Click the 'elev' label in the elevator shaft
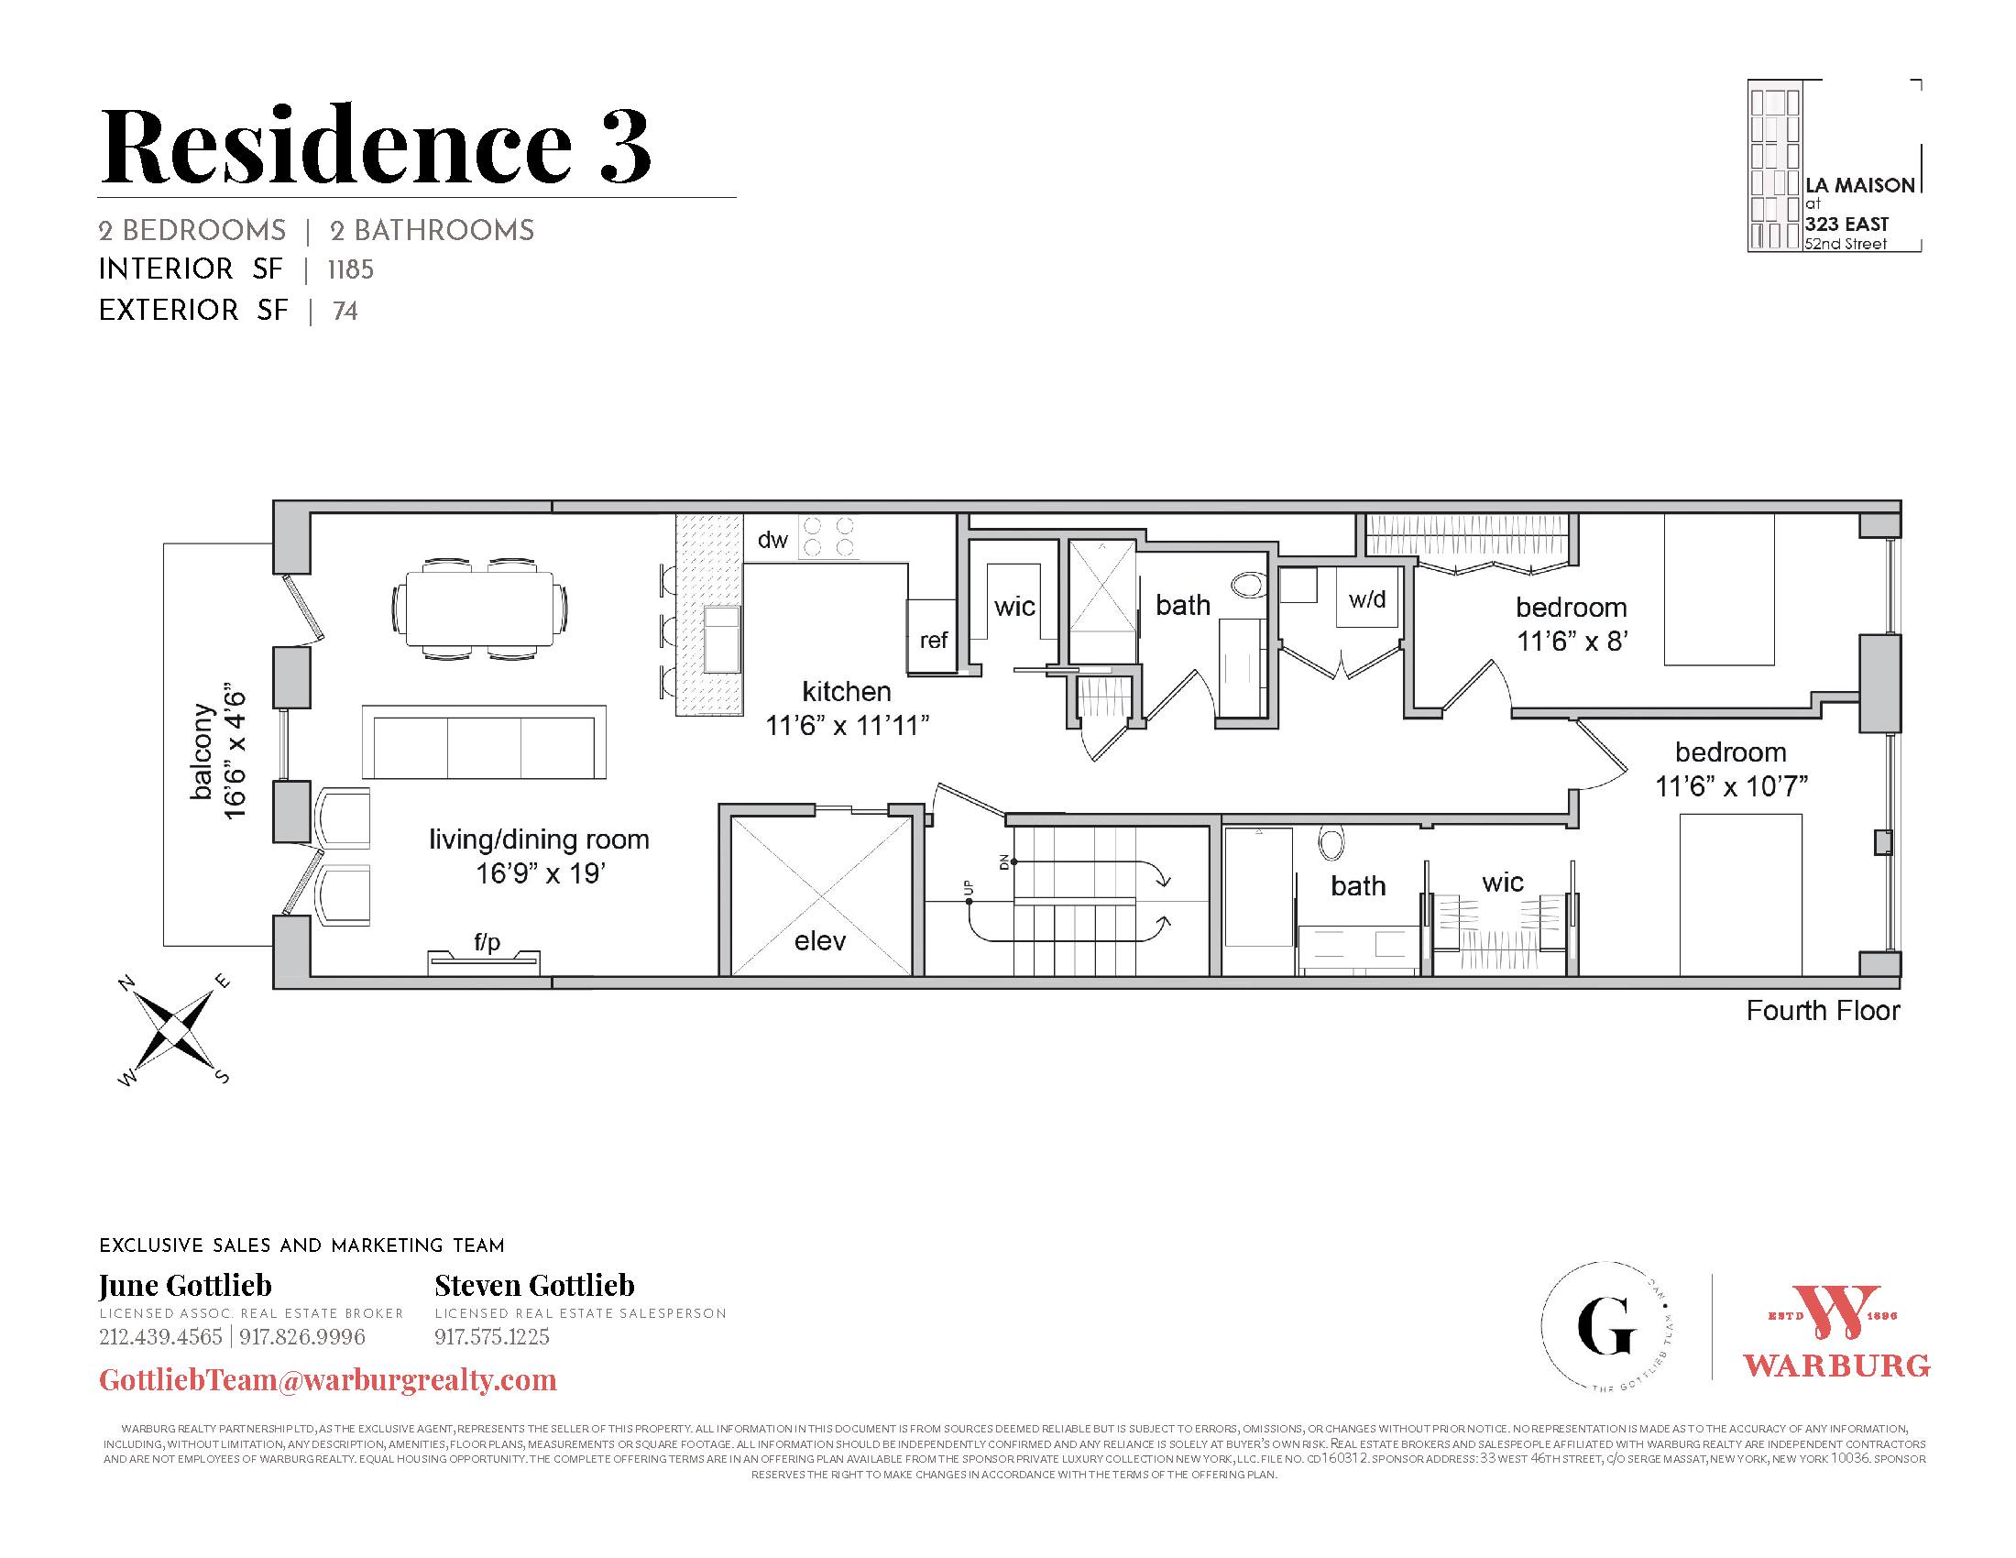point(820,940)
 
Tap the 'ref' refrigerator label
point(933,640)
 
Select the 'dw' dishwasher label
point(772,540)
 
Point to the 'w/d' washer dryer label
point(1367,599)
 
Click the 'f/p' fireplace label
point(487,941)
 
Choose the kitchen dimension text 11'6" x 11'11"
point(847,726)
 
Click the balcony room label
point(202,752)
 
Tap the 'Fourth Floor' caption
point(1822,1011)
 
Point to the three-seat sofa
point(484,743)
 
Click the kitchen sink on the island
point(722,639)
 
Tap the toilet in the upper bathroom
point(1248,585)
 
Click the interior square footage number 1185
point(351,269)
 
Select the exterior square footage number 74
point(345,311)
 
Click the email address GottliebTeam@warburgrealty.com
point(328,1380)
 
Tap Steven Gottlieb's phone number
point(492,1336)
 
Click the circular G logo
point(1607,1326)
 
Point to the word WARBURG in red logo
point(1836,1366)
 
